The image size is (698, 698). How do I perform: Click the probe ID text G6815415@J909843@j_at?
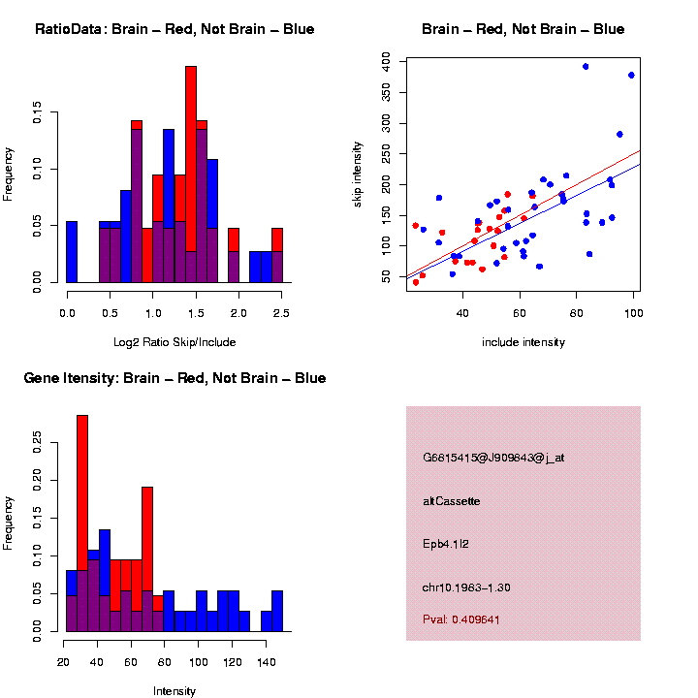point(493,458)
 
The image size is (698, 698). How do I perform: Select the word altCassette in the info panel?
point(452,501)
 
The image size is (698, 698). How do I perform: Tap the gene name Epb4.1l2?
point(446,544)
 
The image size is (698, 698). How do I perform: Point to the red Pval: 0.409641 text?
point(461,619)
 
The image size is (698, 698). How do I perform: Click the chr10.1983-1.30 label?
point(466,587)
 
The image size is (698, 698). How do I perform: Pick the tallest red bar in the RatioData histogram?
point(191,174)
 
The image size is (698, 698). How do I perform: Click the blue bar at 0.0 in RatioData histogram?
point(72,252)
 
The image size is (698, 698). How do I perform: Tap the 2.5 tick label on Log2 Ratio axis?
point(281,313)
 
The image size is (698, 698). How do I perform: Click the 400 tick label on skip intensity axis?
point(386,61)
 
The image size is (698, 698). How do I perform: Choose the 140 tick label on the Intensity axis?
point(267,662)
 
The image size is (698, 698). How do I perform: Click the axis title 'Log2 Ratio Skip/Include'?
point(174,342)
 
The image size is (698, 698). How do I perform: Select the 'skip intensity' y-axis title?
point(357,174)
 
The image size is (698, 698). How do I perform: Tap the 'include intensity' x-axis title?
point(523,342)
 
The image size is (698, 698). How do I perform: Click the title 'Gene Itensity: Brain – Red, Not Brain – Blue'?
point(174,378)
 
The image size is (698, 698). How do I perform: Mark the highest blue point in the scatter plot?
point(586,66)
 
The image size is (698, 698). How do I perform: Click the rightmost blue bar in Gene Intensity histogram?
point(277,611)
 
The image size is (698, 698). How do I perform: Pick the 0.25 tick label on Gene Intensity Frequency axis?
point(37,442)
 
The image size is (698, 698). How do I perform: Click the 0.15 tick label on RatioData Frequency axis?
point(37,112)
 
